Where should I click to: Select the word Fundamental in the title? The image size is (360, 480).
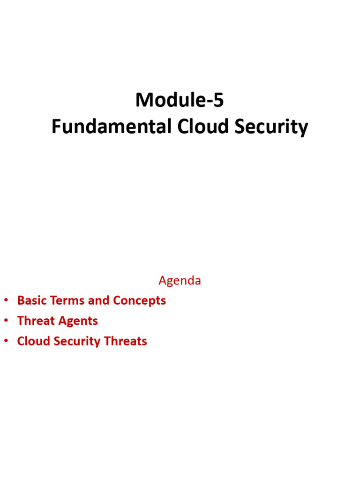[x=112, y=127]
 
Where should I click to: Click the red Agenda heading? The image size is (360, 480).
[x=180, y=281]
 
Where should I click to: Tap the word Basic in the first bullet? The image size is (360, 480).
[x=31, y=300]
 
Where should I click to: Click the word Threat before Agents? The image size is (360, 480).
[x=36, y=321]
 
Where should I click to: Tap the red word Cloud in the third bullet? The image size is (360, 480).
[x=33, y=341]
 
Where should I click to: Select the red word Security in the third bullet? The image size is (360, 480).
[x=77, y=341]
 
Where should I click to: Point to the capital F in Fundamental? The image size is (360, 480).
[x=55, y=127]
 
